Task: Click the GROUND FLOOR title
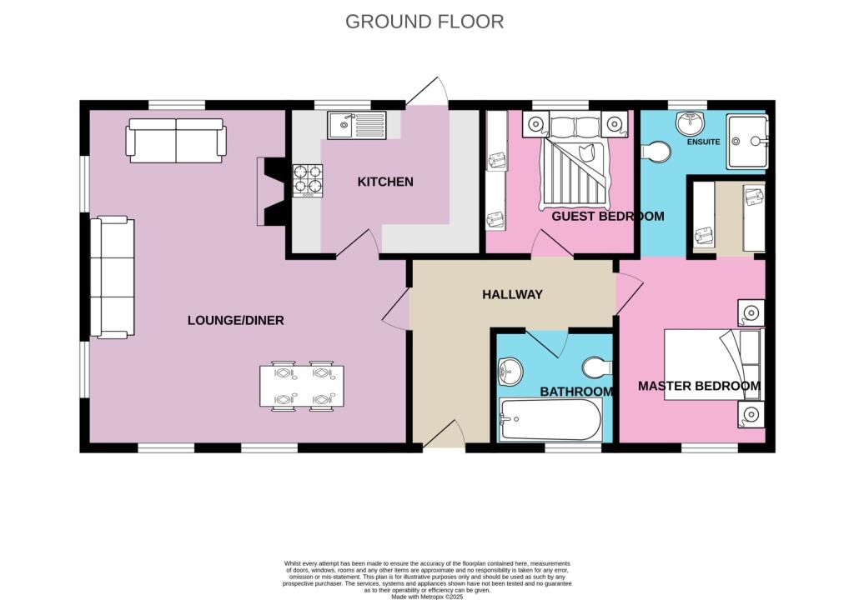tap(424, 22)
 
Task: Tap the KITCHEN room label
tap(385, 182)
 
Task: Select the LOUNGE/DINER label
tap(236, 320)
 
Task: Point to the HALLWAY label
tap(513, 294)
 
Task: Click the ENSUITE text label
tap(703, 142)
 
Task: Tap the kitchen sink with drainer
tap(357, 125)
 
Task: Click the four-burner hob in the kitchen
tap(308, 180)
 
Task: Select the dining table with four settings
tap(302, 386)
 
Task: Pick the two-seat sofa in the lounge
tap(176, 141)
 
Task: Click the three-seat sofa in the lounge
tap(113, 277)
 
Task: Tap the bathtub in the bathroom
tap(550, 419)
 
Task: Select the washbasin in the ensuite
tap(690, 123)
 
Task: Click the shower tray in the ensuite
tap(746, 141)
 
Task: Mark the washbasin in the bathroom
tap(510, 372)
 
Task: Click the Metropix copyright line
tap(427, 597)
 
